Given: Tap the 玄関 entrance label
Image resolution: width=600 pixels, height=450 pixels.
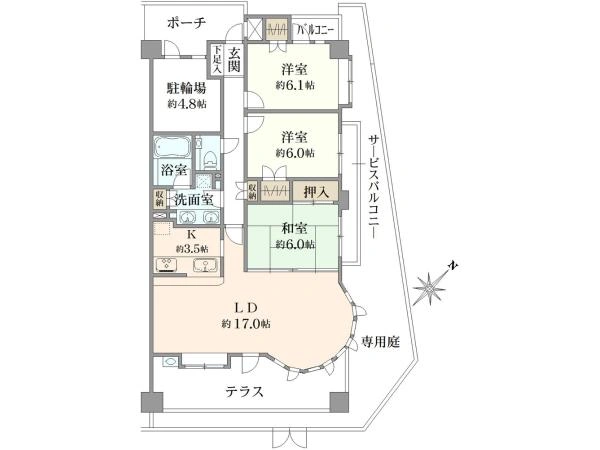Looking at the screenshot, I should coord(233,60).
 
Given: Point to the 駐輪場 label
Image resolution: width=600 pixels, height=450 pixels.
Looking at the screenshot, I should coord(186,87).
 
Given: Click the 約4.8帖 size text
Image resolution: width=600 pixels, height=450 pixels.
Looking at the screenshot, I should coord(187,104).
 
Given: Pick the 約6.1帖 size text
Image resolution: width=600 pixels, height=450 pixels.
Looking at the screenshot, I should coord(294,86).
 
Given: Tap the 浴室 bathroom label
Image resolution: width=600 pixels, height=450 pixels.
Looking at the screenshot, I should coord(174,169).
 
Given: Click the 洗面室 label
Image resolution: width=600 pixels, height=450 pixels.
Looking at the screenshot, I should coord(193,199).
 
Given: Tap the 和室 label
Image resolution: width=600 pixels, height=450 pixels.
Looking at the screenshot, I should coord(294,227).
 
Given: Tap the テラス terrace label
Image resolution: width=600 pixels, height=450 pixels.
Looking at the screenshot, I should coord(244,392).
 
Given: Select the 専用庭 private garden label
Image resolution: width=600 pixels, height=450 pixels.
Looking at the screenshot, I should coord(380,342).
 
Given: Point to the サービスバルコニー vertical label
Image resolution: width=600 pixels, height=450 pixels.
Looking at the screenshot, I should coord(372,184).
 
